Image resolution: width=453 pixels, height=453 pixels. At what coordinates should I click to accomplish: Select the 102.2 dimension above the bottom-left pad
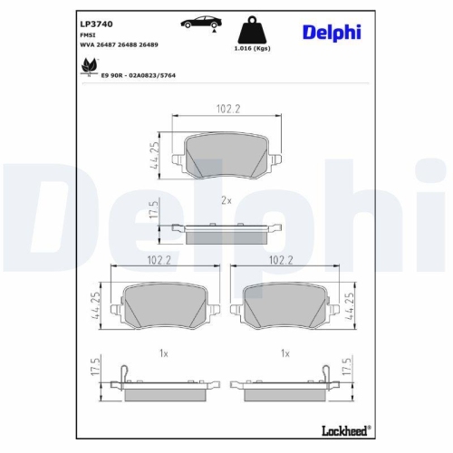point(160,259)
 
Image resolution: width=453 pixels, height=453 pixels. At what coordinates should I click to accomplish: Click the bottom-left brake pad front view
point(160,304)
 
